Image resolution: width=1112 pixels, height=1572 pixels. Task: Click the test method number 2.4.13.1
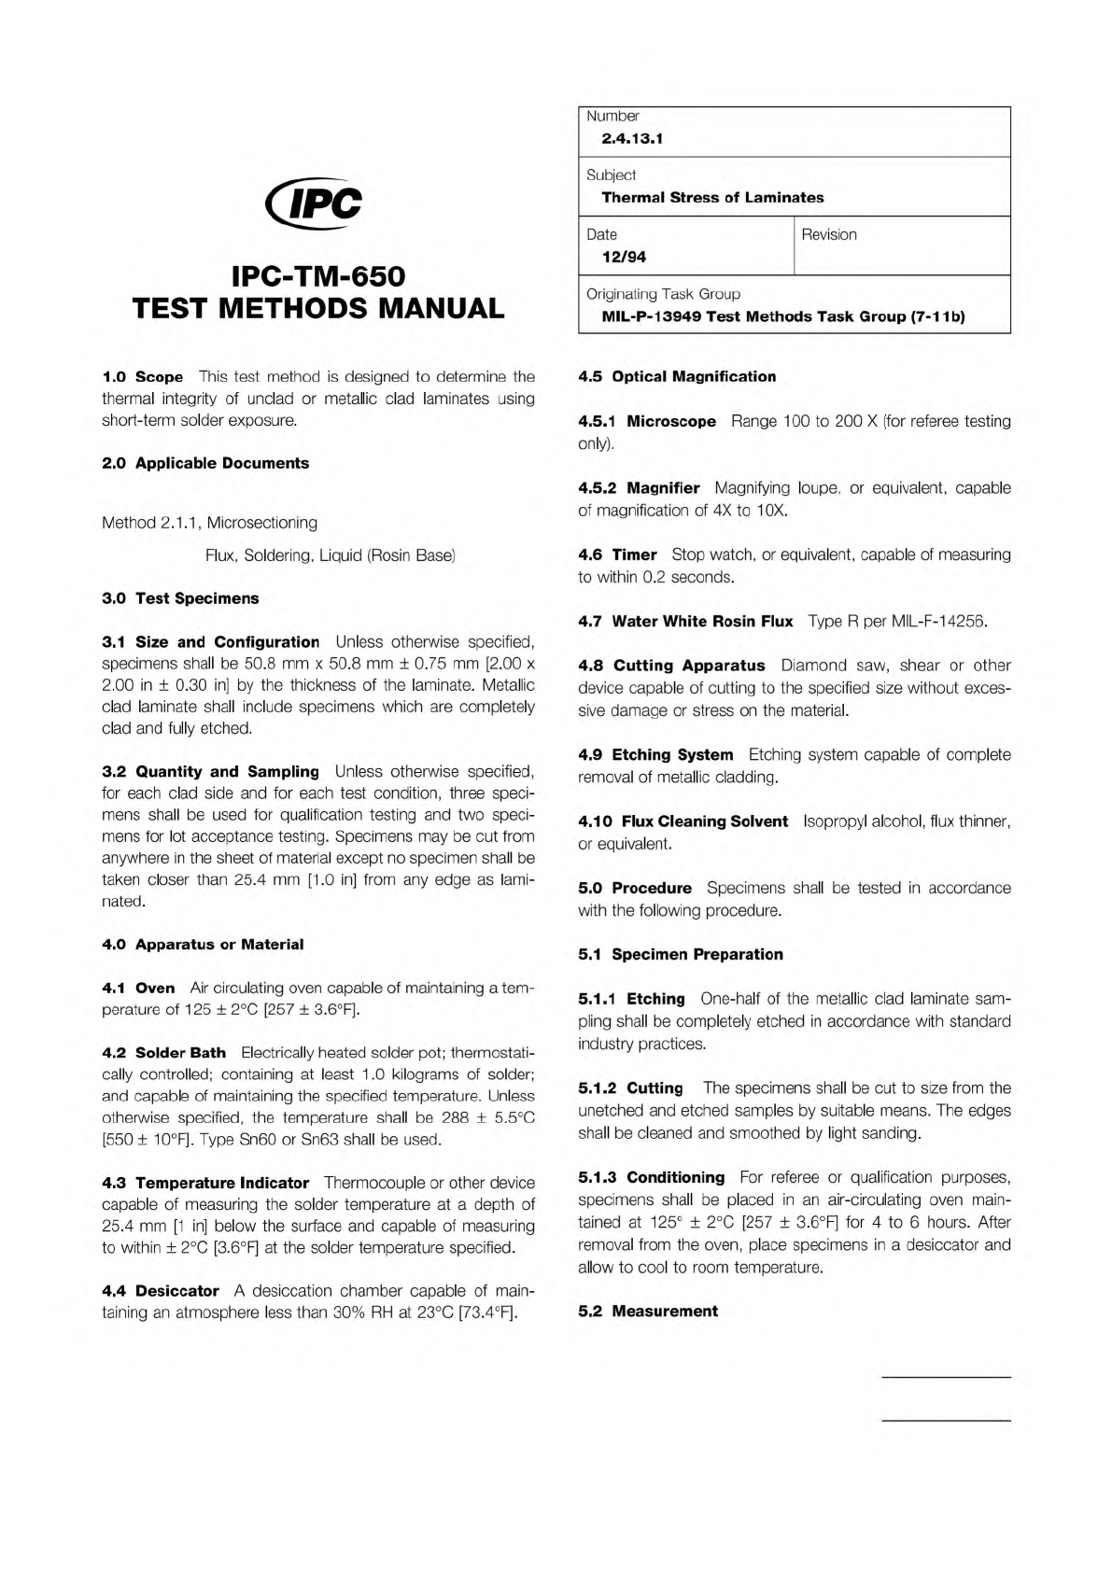632,139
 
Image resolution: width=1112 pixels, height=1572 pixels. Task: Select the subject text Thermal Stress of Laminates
712,198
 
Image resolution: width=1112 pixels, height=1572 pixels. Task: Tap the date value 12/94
624,257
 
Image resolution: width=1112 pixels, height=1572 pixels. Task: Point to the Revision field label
828,234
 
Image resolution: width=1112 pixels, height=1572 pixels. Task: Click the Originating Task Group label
663,294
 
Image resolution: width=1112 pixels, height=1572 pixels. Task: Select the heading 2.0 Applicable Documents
205,463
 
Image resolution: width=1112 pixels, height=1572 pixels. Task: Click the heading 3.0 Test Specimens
180,598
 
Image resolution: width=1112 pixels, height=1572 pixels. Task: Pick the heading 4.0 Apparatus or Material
203,945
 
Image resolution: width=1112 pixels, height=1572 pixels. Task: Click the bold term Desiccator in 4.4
176,1291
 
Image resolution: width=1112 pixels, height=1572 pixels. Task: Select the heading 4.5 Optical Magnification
677,376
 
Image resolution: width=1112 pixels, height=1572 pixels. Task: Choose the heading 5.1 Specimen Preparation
681,954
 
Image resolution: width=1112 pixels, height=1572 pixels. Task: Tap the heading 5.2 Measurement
648,1312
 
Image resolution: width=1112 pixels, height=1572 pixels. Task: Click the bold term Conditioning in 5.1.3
675,1177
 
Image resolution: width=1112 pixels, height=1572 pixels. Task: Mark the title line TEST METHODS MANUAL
318,308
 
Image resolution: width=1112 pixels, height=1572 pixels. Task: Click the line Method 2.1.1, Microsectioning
209,523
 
